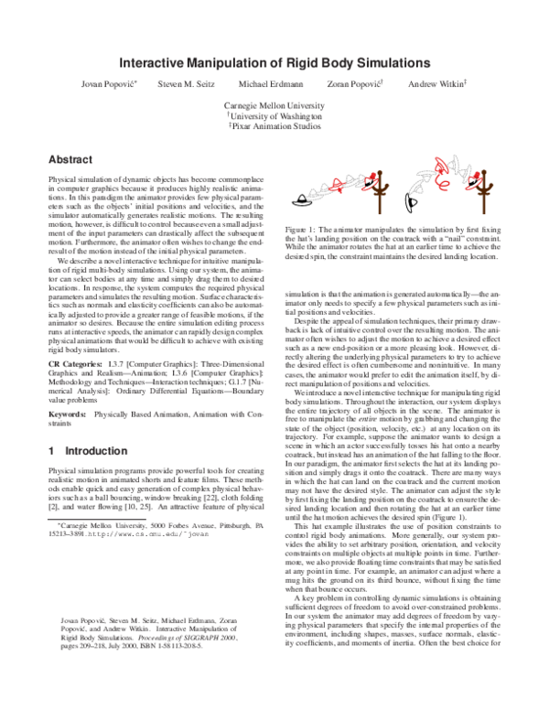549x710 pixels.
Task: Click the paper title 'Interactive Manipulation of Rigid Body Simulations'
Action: click(x=274, y=63)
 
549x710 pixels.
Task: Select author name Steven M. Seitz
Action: click(x=187, y=84)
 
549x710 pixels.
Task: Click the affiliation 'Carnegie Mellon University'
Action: click(x=274, y=105)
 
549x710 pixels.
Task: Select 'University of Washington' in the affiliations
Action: click(x=274, y=117)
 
